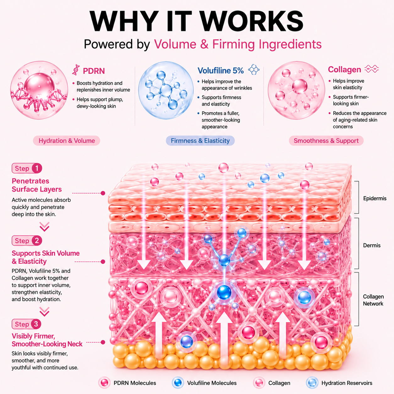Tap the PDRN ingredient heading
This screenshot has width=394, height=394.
[94, 71]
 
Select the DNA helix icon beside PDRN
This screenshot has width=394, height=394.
[76, 69]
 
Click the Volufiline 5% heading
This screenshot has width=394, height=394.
[221, 71]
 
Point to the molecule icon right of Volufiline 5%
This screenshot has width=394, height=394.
[254, 69]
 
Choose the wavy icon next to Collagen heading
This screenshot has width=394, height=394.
[372, 69]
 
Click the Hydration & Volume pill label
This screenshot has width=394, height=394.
[67, 141]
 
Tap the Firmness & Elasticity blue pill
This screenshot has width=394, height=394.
[200, 141]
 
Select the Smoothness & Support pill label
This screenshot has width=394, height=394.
[326, 141]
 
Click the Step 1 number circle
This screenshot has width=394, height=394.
[37, 168]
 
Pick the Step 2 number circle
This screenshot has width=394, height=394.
[37, 241]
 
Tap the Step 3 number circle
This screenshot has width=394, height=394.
[36, 324]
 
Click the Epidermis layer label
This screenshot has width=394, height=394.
[375, 198]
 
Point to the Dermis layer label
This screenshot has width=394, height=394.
[372, 245]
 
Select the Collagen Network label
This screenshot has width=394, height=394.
[373, 300]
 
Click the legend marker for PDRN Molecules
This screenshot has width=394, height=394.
[105, 383]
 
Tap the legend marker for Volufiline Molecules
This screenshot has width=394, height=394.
[178, 383]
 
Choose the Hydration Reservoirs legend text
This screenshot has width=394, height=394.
[347, 383]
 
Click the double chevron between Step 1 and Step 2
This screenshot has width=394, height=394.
[44, 227]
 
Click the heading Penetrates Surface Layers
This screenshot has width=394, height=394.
[36, 185]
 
